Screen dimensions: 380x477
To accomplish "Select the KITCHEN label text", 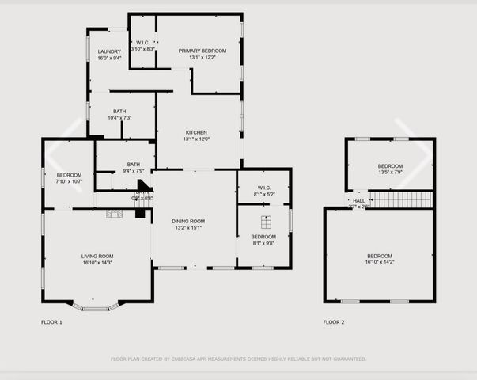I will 196,132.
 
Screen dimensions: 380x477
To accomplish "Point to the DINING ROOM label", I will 189,221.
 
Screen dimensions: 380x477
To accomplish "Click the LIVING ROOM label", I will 97,256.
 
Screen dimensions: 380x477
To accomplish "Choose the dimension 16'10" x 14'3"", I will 97,262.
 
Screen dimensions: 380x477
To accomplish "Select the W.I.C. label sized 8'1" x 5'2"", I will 263,188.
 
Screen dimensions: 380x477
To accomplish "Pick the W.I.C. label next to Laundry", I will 143,43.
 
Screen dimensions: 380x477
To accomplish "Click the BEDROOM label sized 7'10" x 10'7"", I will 69,175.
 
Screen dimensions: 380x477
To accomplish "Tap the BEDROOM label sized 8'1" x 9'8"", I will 263,237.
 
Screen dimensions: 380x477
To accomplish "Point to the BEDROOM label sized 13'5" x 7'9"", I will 390,165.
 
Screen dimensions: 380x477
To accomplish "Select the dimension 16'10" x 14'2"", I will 379,262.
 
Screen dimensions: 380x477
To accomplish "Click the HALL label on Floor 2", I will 359,201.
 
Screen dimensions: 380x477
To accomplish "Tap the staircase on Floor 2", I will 402,199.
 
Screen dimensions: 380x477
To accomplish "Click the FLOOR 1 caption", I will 51,322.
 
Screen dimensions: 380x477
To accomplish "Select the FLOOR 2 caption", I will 334,322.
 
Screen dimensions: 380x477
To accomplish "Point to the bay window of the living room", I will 96,306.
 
